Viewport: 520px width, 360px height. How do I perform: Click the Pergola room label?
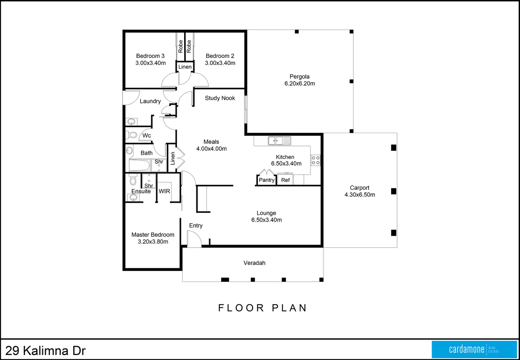(300, 77)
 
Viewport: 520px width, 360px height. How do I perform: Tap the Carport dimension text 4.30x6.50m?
(360, 194)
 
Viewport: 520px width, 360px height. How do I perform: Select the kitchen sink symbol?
(279, 140)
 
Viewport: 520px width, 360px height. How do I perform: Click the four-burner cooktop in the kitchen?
(315, 160)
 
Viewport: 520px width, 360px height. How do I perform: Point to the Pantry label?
(266, 180)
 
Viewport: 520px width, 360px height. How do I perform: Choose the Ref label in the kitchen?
(285, 180)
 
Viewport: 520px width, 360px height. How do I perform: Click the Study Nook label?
(220, 98)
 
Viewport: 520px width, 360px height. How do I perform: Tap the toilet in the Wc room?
(132, 135)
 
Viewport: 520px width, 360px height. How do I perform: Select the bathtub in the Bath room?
(140, 165)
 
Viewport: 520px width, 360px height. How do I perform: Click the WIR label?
(164, 191)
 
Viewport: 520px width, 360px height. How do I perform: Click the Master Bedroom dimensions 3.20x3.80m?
(153, 242)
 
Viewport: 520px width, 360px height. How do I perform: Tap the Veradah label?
(254, 263)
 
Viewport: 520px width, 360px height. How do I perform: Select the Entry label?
(196, 226)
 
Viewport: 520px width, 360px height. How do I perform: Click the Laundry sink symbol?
(131, 121)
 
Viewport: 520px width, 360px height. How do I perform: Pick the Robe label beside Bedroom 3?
(181, 46)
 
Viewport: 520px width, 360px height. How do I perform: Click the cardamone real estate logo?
(474, 349)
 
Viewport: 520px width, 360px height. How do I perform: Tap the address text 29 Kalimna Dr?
(46, 350)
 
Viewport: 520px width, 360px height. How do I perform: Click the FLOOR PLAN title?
(262, 308)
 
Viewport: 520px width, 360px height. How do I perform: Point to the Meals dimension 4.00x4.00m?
(211, 149)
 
